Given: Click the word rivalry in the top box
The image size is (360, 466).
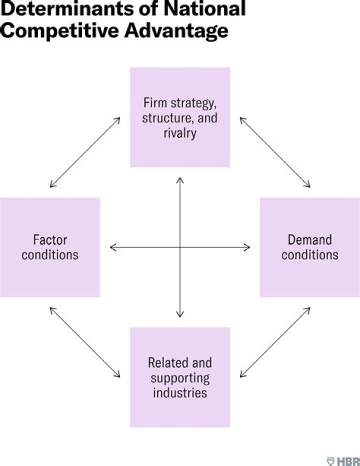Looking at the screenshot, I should pos(180,134).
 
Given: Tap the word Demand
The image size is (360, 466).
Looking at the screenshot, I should pos(310,240).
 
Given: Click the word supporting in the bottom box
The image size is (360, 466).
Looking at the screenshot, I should pos(180,377).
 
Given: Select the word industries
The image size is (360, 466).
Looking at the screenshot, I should pos(180,392).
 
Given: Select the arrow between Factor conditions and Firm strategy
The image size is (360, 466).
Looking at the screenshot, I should pos(85,152).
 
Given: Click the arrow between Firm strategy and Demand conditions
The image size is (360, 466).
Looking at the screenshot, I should pos(275,152).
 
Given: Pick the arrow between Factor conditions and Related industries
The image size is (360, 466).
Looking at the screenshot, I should pos(85,342).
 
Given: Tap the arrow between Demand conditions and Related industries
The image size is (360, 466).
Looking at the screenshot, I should pos(275,342).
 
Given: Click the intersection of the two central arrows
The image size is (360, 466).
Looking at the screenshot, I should pos(180,247).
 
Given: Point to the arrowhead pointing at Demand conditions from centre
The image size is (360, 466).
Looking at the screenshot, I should pos(247,247).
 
